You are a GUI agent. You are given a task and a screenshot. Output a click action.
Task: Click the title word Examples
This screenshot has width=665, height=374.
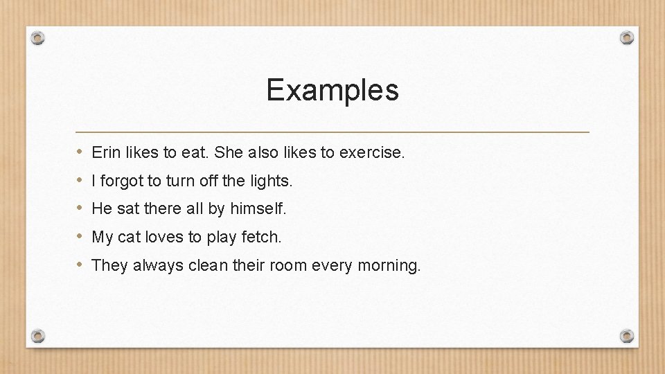point(332,90)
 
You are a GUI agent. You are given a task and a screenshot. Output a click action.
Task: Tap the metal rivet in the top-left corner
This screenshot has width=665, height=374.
point(39,37)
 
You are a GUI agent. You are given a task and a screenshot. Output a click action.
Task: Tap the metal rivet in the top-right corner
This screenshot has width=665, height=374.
point(626,37)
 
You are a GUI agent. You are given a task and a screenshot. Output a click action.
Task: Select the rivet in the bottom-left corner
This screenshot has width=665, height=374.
point(39,336)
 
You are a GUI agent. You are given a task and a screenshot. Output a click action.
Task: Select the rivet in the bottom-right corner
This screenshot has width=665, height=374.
point(626,336)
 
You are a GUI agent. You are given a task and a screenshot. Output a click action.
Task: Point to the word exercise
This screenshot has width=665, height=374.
point(371,152)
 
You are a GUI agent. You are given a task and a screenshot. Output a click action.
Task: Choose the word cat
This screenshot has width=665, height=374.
point(130,238)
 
